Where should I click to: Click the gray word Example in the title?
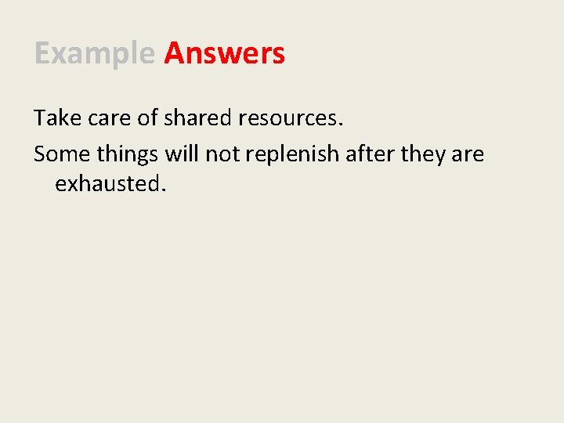[94, 54]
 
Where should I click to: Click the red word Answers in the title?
[224, 54]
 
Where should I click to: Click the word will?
[182, 154]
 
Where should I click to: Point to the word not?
[222, 154]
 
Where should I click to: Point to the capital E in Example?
[42, 54]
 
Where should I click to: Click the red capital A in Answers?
[174, 54]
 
